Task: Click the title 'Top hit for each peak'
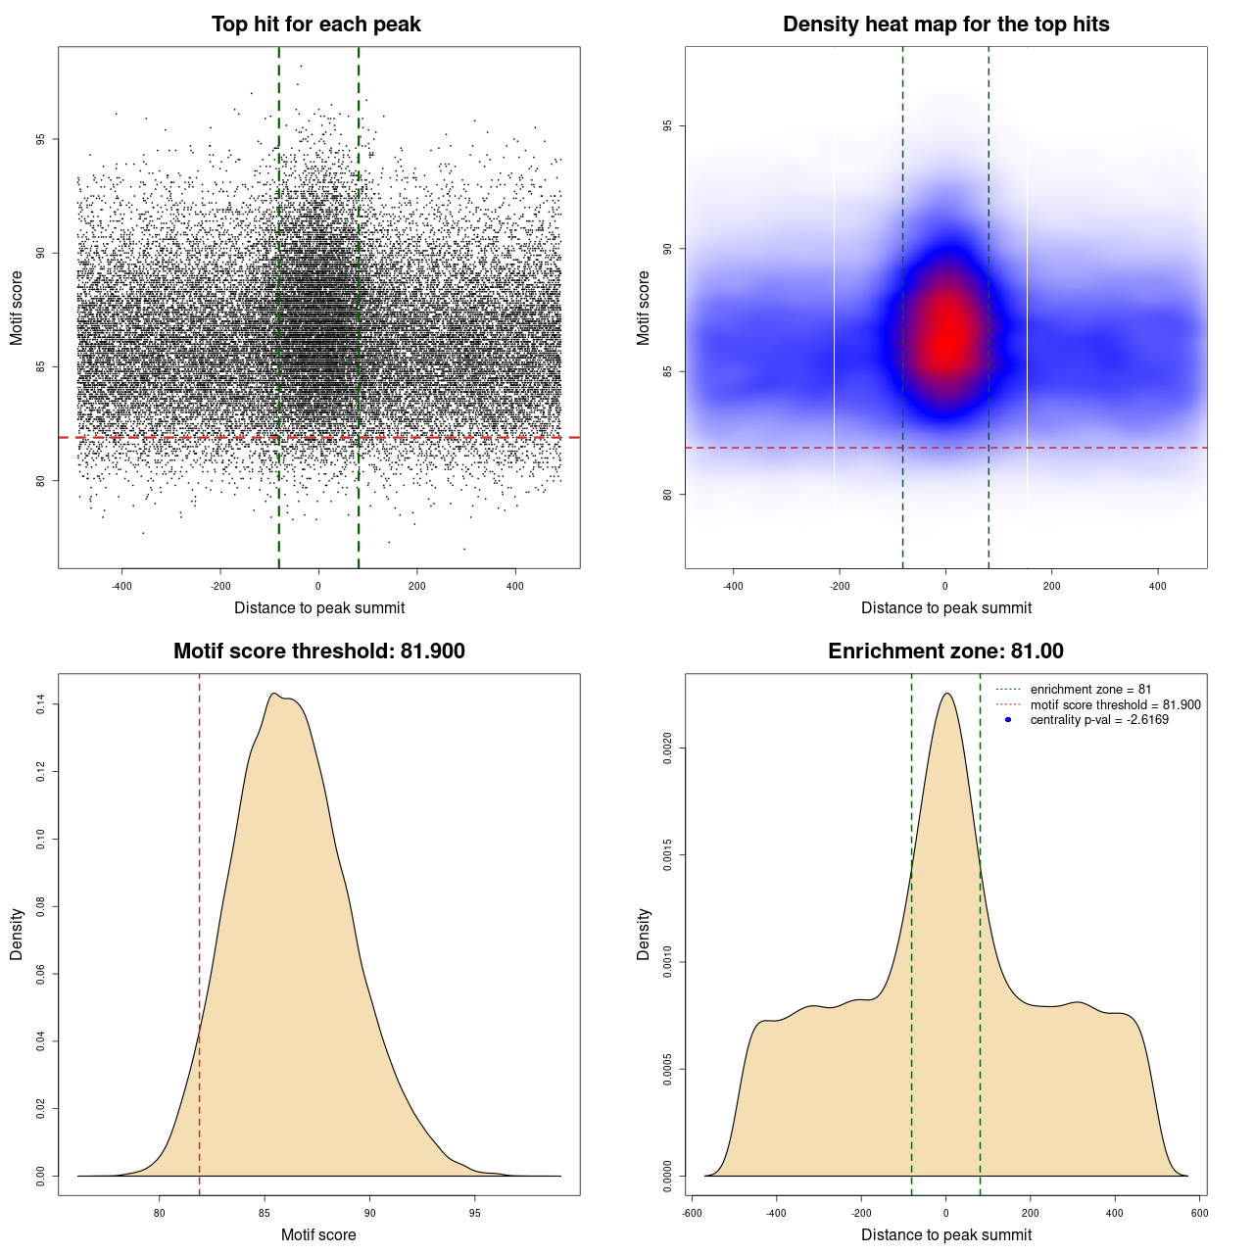click(x=315, y=24)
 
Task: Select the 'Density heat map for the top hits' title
click(x=945, y=24)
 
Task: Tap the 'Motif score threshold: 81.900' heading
click(x=318, y=651)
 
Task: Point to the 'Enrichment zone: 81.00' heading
click(x=945, y=651)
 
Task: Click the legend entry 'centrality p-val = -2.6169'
click(x=1099, y=720)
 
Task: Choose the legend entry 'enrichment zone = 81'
click(x=1090, y=690)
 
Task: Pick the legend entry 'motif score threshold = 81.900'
click(x=1115, y=705)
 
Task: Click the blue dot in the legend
click(x=1008, y=720)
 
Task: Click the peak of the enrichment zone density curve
click(x=946, y=694)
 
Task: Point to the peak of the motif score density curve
click(x=275, y=694)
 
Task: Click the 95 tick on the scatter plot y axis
click(x=41, y=139)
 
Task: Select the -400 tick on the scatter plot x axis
click(x=121, y=586)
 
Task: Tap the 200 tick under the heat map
click(x=1051, y=586)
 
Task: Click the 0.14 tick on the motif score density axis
click(x=41, y=703)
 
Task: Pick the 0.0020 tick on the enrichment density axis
click(x=668, y=748)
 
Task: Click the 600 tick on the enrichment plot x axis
click(x=1199, y=1213)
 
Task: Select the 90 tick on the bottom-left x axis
click(x=369, y=1213)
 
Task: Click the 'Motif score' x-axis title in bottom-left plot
click(x=318, y=1234)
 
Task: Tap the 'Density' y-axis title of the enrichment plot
click(x=644, y=934)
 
